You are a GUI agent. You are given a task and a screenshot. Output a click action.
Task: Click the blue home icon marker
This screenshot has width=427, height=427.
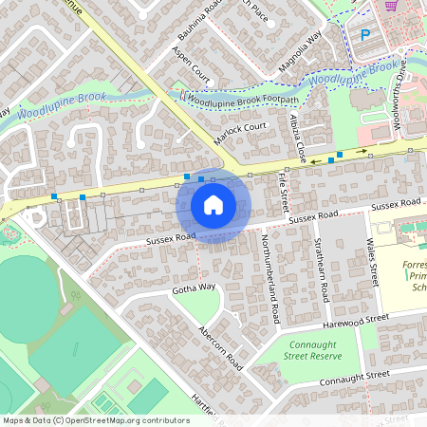coord(213,205)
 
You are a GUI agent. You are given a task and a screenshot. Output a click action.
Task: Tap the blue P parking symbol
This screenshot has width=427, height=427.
coord(365,35)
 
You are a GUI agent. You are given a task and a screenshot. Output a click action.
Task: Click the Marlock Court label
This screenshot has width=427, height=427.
coord(241,129)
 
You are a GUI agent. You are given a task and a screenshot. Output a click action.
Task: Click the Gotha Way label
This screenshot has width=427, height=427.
coord(194,287)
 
